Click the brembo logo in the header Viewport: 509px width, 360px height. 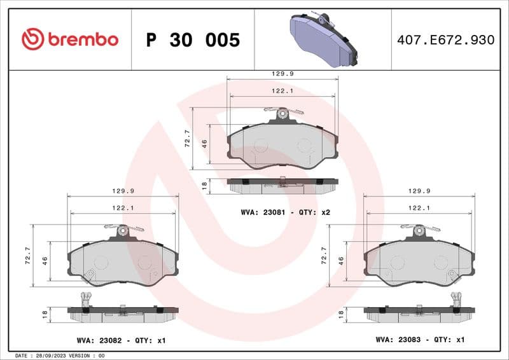pos(70,39)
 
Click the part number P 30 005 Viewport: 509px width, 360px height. pos(193,40)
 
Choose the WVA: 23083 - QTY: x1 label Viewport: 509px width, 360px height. pos(420,340)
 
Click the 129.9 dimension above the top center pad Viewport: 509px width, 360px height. pos(282,74)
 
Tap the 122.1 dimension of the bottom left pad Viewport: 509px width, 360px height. pos(122,208)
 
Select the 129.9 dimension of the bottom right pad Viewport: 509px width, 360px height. pos(419,191)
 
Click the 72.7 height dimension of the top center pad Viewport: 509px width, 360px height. pos(187,138)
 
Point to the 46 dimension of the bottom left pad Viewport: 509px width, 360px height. pos(45,260)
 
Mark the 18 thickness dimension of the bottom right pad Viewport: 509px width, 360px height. pos(341,314)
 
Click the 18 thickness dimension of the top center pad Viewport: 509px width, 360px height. pos(204,184)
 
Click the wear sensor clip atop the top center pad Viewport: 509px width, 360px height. pos(284,114)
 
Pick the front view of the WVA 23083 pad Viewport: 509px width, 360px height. pos(419,261)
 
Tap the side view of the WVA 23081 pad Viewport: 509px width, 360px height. pos(282,184)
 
